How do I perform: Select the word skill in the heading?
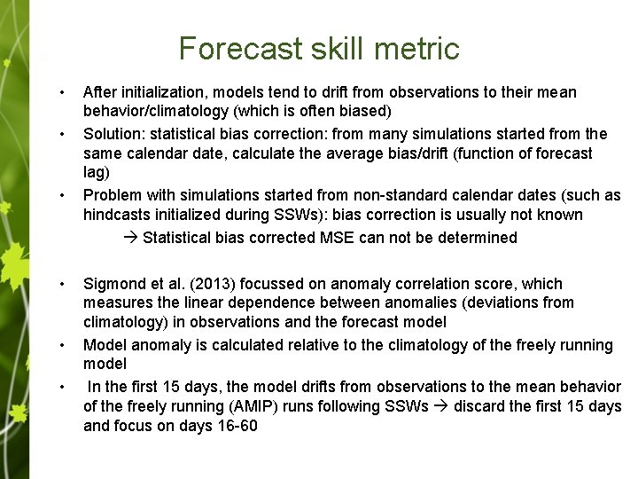tap(337, 48)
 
